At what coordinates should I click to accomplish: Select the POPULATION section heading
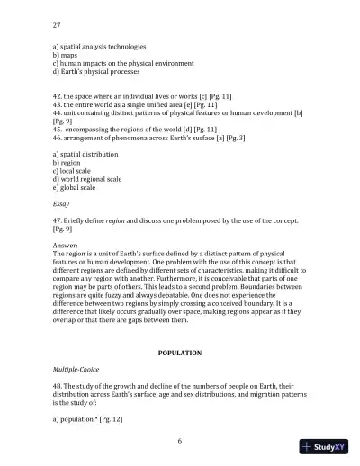pos(180,353)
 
